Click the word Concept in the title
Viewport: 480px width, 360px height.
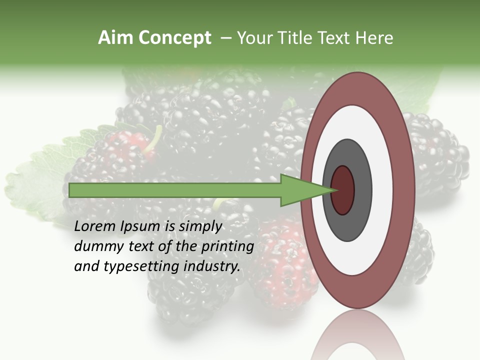(x=174, y=38)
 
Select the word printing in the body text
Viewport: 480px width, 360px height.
(x=227, y=247)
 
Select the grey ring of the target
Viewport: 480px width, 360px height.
(x=362, y=190)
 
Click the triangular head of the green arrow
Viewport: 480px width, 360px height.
(x=300, y=190)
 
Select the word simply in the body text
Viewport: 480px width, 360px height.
(x=200, y=227)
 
